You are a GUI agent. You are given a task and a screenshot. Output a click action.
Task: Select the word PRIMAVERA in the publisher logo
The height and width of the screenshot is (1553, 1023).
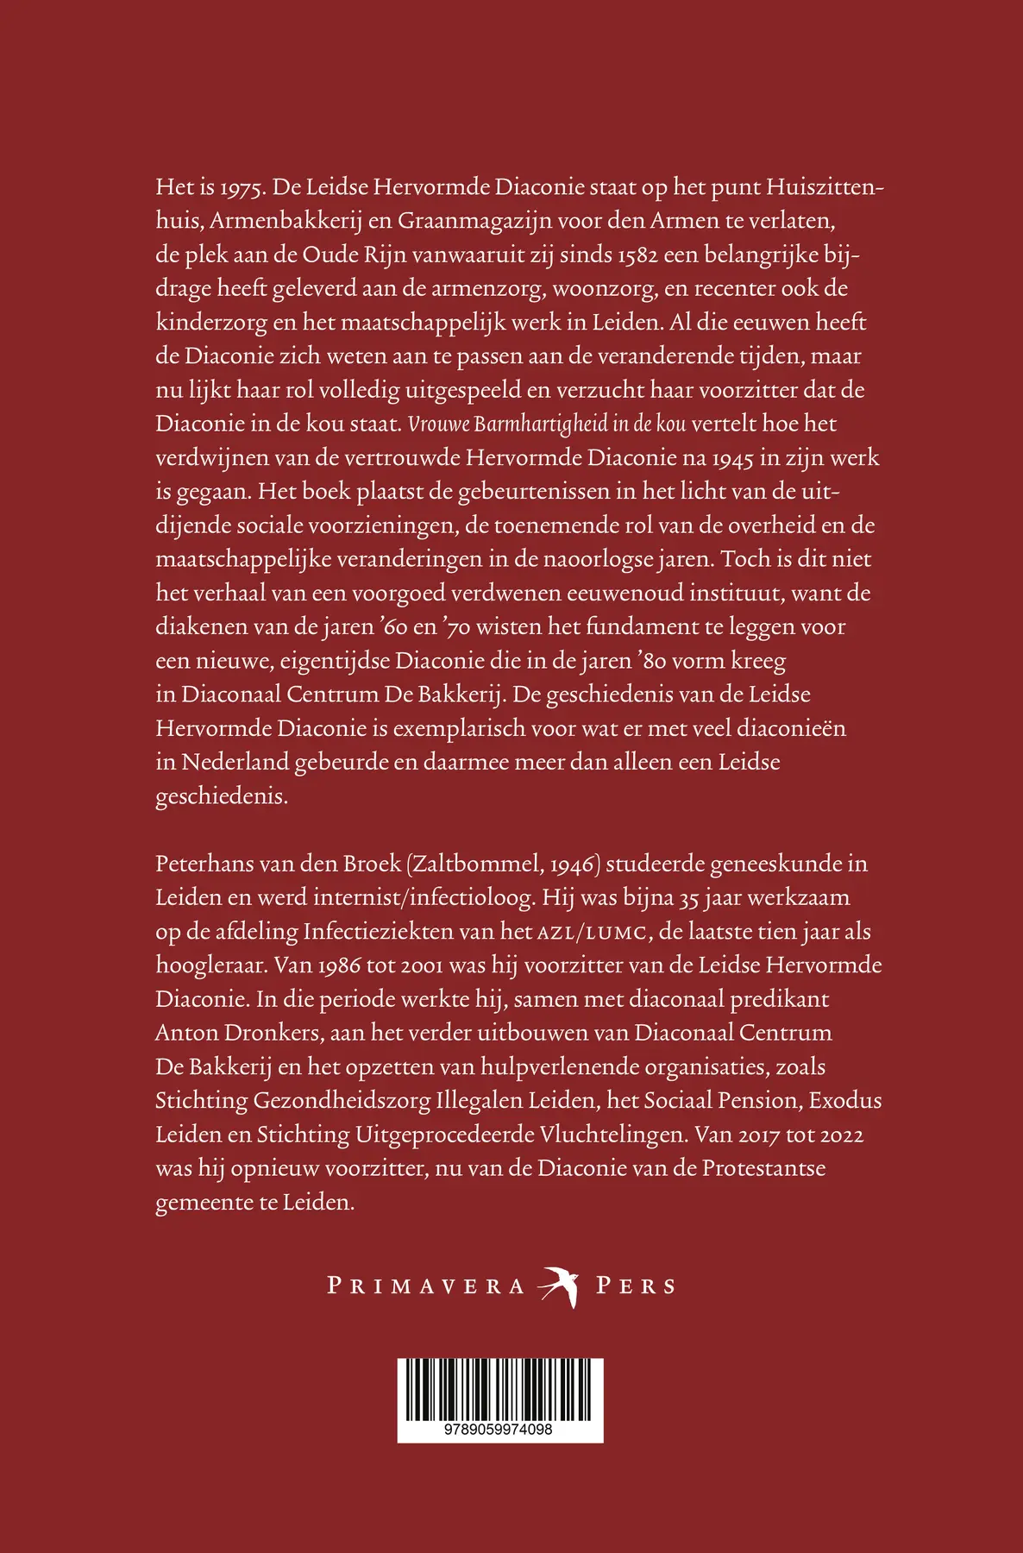pyautogui.click(x=426, y=1286)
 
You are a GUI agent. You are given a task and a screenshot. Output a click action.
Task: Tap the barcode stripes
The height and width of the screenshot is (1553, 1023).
pyautogui.click(x=500, y=1390)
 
